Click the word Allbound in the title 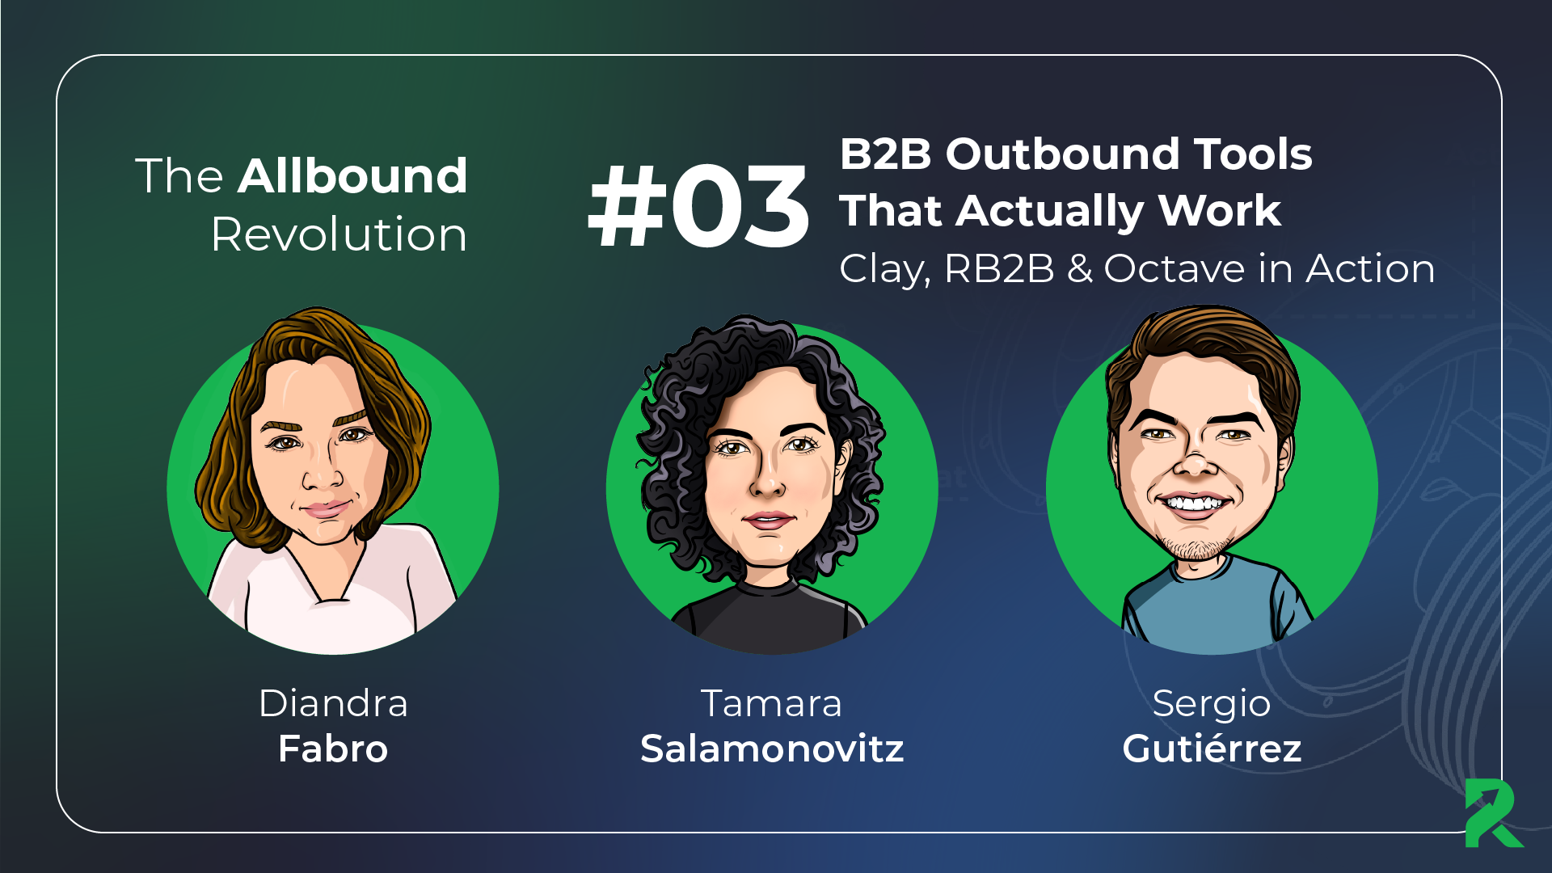tap(352, 176)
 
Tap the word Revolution tap(339, 234)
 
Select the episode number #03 tap(698, 205)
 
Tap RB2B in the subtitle tap(999, 268)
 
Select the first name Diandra tap(333, 703)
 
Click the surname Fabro tap(333, 749)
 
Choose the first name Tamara tap(771, 703)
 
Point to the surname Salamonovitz tap(772, 749)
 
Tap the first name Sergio tap(1212, 704)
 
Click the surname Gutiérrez tap(1212, 749)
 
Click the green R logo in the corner tap(1494, 813)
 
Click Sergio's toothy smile tap(1194, 504)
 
